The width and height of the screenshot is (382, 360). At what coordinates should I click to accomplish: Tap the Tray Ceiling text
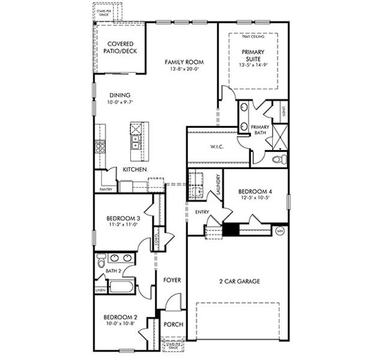click(253, 37)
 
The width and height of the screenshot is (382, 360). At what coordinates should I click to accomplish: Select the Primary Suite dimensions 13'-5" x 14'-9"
click(253, 65)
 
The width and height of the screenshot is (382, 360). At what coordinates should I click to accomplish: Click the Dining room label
click(120, 95)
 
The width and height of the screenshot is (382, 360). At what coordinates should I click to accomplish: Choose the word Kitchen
click(135, 170)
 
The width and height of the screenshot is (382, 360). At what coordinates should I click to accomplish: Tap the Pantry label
click(106, 189)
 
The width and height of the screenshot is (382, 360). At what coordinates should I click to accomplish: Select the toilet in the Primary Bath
click(278, 160)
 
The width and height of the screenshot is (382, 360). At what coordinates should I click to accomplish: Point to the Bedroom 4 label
click(255, 191)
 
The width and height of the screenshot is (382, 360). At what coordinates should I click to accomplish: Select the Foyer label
click(172, 280)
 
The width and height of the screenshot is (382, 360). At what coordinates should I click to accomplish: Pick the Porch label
click(173, 325)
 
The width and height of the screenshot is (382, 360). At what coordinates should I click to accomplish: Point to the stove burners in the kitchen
click(99, 146)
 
